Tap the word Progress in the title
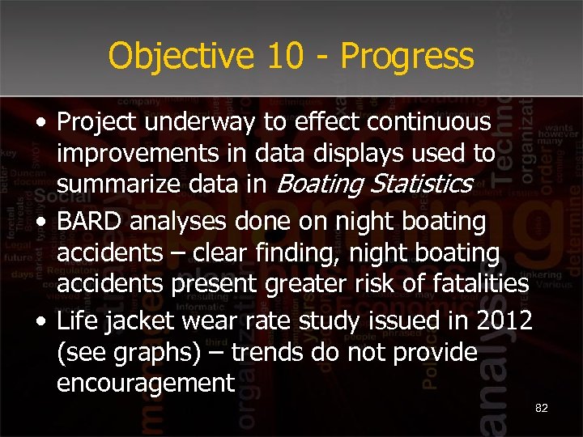[x=406, y=57]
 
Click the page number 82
[x=542, y=408]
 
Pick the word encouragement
[x=145, y=383]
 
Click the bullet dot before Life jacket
[x=41, y=321]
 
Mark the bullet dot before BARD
[x=41, y=221]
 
